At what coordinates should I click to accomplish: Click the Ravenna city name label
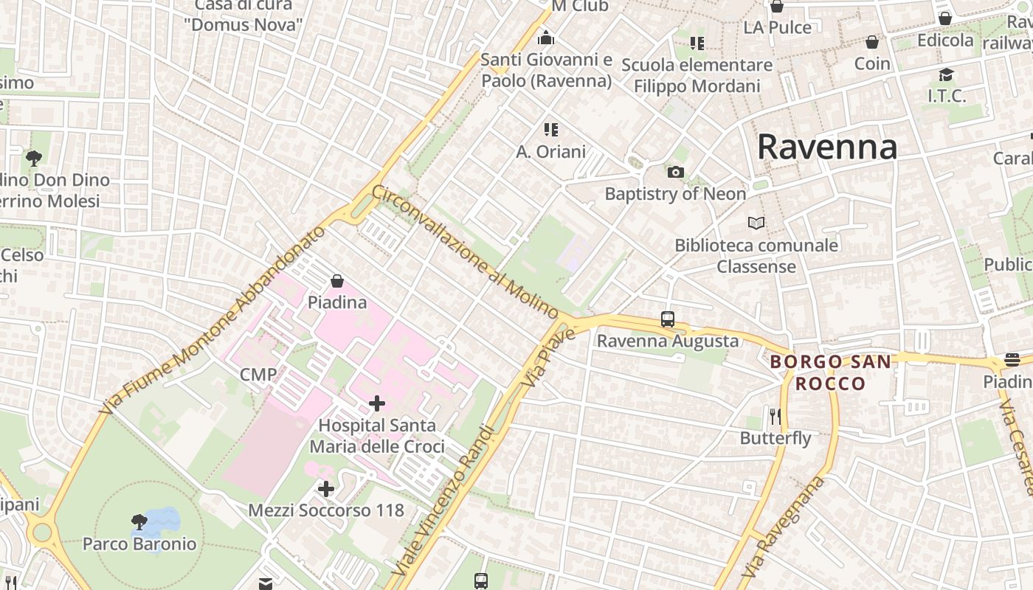pyautogui.click(x=827, y=147)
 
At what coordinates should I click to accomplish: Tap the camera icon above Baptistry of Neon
pyautogui.click(x=675, y=173)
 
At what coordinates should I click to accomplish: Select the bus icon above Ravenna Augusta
pyautogui.click(x=668, y=319)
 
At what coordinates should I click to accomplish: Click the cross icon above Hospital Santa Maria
pyautogui.click(x=377, y=403)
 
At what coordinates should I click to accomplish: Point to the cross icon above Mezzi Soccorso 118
pyautogui.click(x=326, y=488)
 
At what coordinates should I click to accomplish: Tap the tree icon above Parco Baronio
pyautogui.click(x=139, y=522)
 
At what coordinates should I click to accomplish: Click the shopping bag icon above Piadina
pyautogui.click(x=337, y=281)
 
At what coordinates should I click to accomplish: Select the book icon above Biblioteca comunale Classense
pyautogui.click(x=756, y=223)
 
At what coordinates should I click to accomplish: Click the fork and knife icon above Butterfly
pyautogui.click(x=775, y=417)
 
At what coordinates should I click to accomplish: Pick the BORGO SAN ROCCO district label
pyautogui.click(x=830, y=372)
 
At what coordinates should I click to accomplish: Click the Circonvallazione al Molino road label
pyautogui.click(x=464, y=251)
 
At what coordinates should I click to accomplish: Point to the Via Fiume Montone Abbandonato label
pyautogui.click(x=214, y=319)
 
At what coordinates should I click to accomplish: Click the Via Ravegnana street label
pyautogui.click(x=783, y=527)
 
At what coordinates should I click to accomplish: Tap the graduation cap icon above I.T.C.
pyautogui.click(x=946, y=74)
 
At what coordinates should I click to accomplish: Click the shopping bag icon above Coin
pyautogui.click(x=872, y=42)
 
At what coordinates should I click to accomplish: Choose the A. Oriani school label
pyautogui.click(x=550, y=152)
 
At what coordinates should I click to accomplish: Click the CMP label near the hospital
pyautogui.click(x=258, y=374)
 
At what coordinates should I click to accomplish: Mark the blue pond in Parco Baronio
pyautogui.click(x=162, y=520)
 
